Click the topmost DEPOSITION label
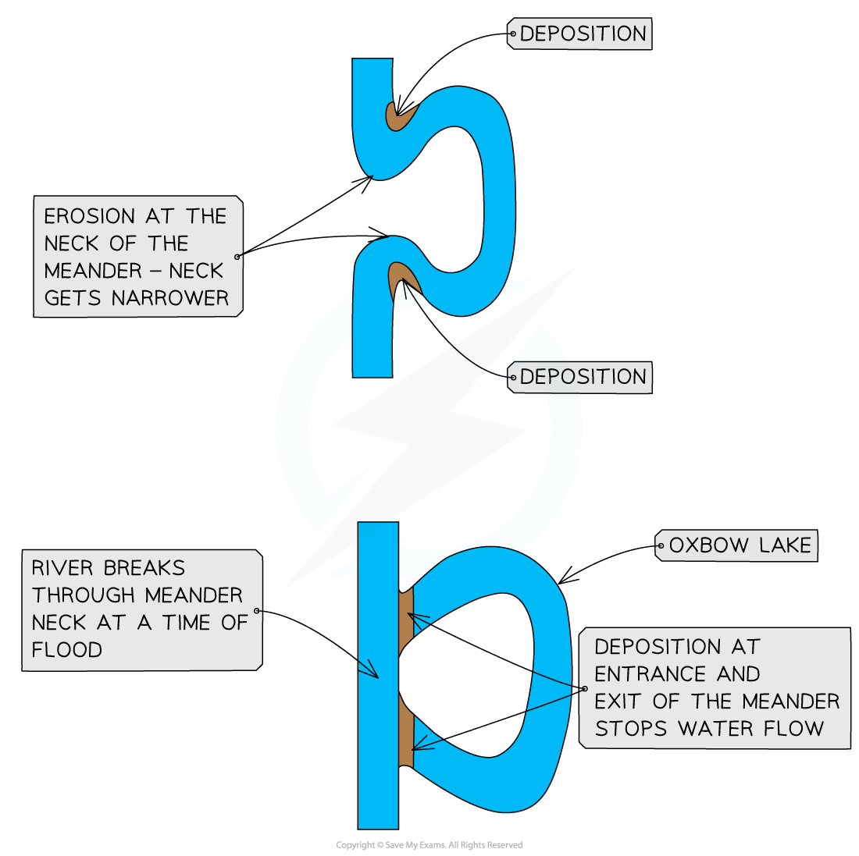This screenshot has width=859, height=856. point(583,34)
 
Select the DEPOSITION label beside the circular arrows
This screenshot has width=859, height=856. point(583,377)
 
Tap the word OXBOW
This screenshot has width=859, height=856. point(700,545)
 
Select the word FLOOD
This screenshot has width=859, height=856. point(66,650)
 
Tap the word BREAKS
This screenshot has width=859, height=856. point(144,567)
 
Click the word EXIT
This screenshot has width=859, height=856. point(618,701)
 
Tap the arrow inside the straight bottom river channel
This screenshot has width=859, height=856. point(369,669)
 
